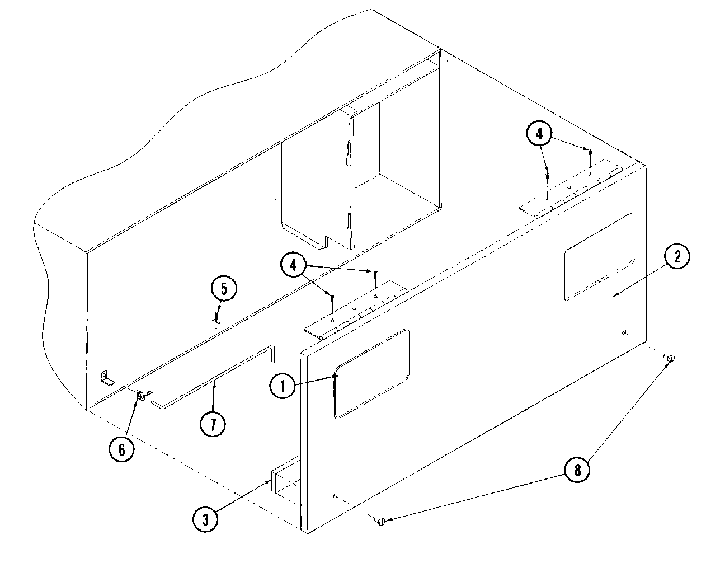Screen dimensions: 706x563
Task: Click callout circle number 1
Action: click(283, 386)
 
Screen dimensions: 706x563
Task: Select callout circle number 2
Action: click(677, 257)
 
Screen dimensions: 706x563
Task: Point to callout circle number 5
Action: click(224, 289)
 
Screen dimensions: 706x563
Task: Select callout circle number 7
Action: click(213, 424)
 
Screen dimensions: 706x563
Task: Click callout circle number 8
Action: click(577, 471)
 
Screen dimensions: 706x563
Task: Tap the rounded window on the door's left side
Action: click(371, 373)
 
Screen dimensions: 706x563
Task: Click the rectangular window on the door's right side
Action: click(599, 257)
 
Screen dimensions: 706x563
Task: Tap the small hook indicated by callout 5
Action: click(216, 320)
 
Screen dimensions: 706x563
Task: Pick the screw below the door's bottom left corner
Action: click(381, 522)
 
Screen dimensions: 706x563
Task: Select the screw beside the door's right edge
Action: click(670, 358)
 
